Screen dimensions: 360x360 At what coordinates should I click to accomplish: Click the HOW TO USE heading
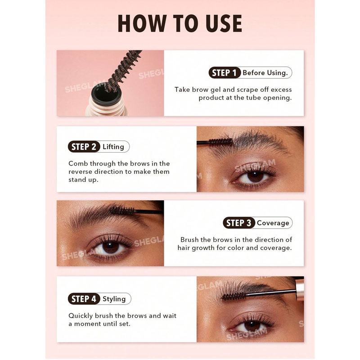pyautogui.click(x=180, y=23)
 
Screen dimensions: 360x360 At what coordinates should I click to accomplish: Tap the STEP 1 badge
pyautogui.click(x=224, y=73)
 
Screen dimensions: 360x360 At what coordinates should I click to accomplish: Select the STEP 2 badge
pyautogui.click(x=84, y=147)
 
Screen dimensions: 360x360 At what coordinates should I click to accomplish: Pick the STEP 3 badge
pyautogui.click(x=239, y=223)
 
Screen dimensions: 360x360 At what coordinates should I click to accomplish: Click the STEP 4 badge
pyautogui.click(x=84, y=299)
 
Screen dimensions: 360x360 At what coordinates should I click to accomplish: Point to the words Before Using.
pyautogui.click(x=265, y=73)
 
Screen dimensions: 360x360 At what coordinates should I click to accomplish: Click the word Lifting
pyautogui.click(x=113, y=147)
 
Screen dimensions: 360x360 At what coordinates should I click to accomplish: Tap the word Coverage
pyautogui.click(x=273, y=223)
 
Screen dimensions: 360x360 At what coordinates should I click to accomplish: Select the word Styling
pyautogui.click(x=114, y=299)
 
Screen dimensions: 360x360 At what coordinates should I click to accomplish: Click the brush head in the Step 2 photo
pyautogui.click(x=220, y=142)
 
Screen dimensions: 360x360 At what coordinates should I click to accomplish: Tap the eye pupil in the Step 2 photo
pyautogui.click(x=256, y=177)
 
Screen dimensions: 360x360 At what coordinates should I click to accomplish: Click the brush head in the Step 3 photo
pyautogui.click(x=121, y=211)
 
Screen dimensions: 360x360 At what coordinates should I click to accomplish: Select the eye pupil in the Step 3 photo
pyautogui.click(x=110, y=247)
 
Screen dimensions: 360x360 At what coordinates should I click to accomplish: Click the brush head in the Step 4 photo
pyautogui.click(x=233, y=296)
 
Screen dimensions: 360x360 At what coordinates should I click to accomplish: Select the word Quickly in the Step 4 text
pyautogui.click(x=81, y=316)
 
